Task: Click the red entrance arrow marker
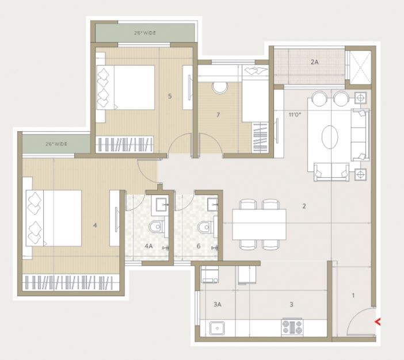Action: click(378, 321)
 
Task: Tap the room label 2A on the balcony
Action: click(314, 62)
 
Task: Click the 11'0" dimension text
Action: click(295, 114)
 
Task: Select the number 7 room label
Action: click(218, 114)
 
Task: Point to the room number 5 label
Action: click(170, 96)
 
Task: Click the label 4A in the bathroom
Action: click(148, 246)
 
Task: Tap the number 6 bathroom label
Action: click(199, 246)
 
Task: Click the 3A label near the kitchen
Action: click(218, 304)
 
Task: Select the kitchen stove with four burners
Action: click(292, 327)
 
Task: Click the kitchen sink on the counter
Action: click(217, 328)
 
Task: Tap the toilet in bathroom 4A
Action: click(157, 227)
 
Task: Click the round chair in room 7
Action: click(220, 87)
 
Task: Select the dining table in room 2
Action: click(259, 224)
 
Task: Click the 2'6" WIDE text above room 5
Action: click(145, 33)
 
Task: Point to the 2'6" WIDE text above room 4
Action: click(56, 144)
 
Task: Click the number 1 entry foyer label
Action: click(353, 296)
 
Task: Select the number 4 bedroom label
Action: click(95, 225)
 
